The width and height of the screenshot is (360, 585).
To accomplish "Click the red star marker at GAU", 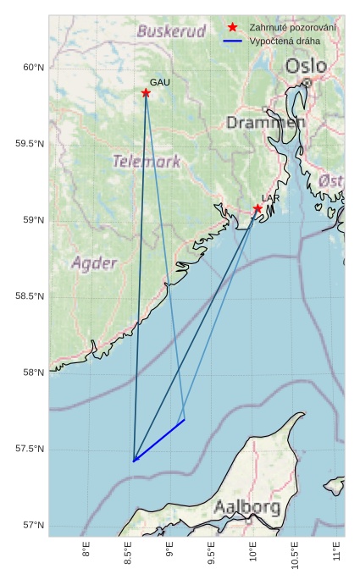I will click(x=146, y=93).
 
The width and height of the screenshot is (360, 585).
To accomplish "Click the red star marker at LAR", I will click(x=258, y=209).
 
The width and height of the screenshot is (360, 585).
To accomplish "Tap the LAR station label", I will click(x=270, y=198).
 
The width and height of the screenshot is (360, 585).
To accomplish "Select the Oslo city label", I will click(x=304, y=66).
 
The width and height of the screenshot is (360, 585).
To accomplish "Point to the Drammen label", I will click(x=265, y=123).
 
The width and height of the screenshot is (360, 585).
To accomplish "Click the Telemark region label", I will click(x=147, y=161).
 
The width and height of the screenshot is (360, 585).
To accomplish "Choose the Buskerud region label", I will click(x=171, y=31).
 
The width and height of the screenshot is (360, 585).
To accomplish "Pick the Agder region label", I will click(x=94, y=263).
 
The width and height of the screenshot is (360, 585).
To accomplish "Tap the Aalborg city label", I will click(x=246, y=508).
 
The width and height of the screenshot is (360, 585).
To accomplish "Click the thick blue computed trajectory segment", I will click(x=159, y=440).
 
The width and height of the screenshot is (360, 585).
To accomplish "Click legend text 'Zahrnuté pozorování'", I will click(x=292, y=28).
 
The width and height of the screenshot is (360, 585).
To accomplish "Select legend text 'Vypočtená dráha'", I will click(x=285, y=41).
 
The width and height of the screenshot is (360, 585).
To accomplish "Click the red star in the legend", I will click(x=232, y=28).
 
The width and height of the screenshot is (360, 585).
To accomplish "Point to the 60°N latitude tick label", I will click(x=31, y=68).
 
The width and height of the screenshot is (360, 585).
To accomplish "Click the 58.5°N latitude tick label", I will click(x=29, y=296).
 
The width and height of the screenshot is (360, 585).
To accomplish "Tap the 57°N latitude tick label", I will click(x=31, y=525).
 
